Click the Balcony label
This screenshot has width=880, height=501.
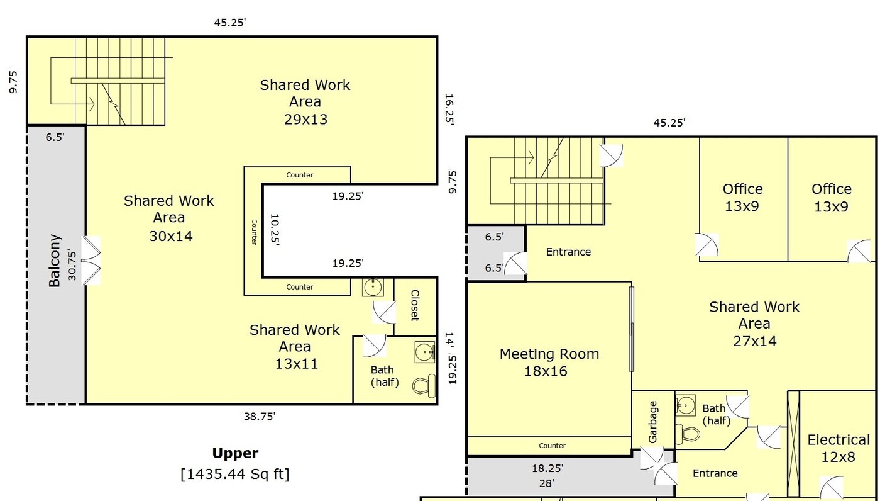click(55, 261)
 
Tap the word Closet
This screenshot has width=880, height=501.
click(415, 305)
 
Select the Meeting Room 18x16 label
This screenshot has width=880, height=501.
click(549, 363)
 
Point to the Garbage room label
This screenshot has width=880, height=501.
click(653, 422)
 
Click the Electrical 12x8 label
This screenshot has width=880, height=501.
click(839, 448)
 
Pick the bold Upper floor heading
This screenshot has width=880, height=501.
click(234, 453)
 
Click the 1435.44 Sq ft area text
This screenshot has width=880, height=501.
click(234, 473)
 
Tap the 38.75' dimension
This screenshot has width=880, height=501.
click(260, 416)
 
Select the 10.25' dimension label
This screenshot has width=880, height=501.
click(274, 229)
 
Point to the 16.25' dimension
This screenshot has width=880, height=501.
click(449, 110)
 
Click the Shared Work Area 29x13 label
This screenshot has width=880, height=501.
click(305, 102)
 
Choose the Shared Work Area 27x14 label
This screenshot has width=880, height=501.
click(754, 324)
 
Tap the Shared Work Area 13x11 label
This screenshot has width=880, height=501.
click(295, 347)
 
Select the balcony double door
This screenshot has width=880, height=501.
click(92, 261)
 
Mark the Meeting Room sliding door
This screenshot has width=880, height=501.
click(632, 329)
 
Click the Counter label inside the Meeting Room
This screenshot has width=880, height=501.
click(553, 446)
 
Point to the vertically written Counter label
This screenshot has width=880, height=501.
click(254, 232)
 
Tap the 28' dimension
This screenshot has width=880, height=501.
click(546, 483)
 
